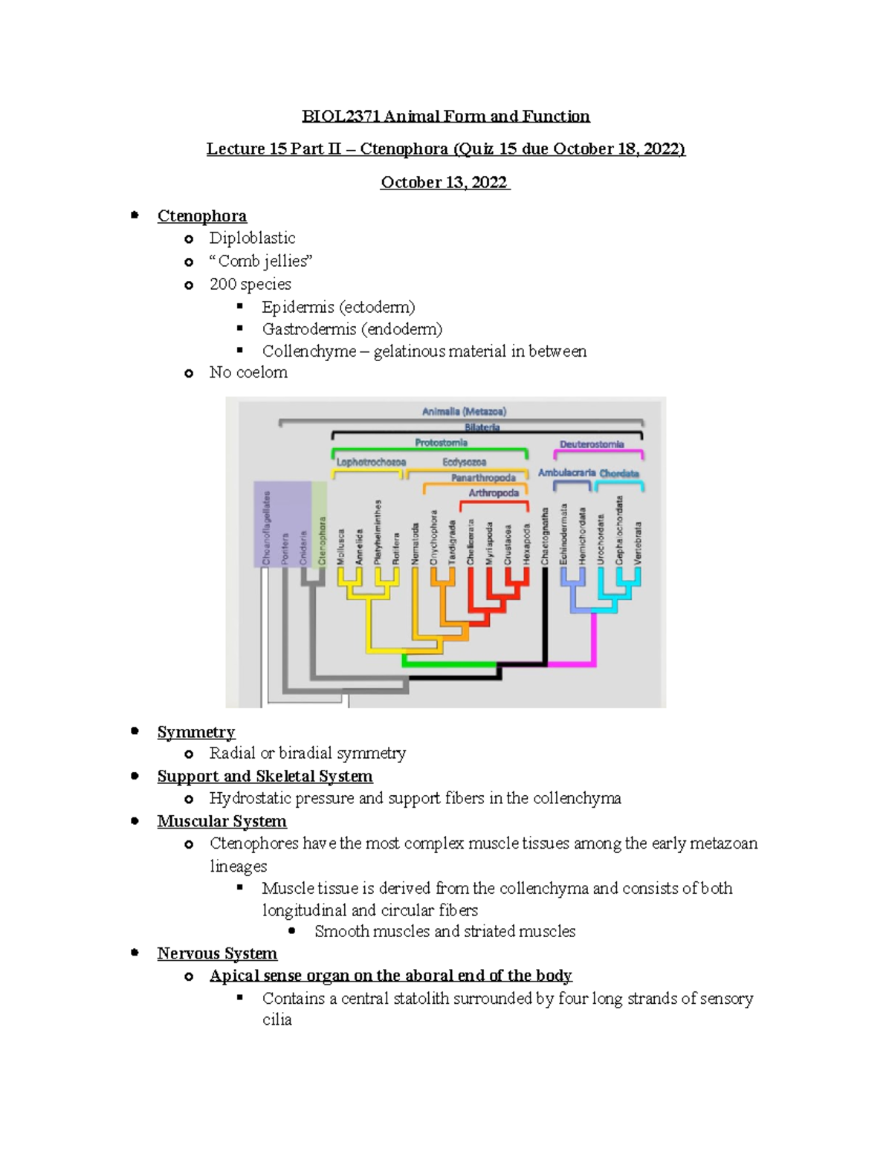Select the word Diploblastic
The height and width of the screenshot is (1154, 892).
pos(252,239)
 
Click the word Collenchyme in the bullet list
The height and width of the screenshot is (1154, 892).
pos(308,351)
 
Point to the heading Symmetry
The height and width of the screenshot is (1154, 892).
pos(196,733)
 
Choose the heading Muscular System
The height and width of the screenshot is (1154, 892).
pos(222,822)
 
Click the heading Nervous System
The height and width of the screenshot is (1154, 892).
pos(217,954)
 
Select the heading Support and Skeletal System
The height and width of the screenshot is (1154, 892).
pos(265,777)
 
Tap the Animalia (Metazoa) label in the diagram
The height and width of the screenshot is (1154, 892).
pos(464,412)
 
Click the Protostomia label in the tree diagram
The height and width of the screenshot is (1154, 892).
pos(441,443)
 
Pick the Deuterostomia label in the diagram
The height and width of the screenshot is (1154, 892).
pos(592,444)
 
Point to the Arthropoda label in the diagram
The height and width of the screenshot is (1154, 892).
pos(494,493)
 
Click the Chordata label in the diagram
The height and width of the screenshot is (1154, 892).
pos(619,473)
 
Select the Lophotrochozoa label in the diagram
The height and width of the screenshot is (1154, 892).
pos(371,462)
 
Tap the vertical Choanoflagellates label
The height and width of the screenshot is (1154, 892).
pos(266,528)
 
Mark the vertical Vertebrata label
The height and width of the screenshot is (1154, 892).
pos(638,542)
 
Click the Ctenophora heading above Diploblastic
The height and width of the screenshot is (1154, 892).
pos(201,216)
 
